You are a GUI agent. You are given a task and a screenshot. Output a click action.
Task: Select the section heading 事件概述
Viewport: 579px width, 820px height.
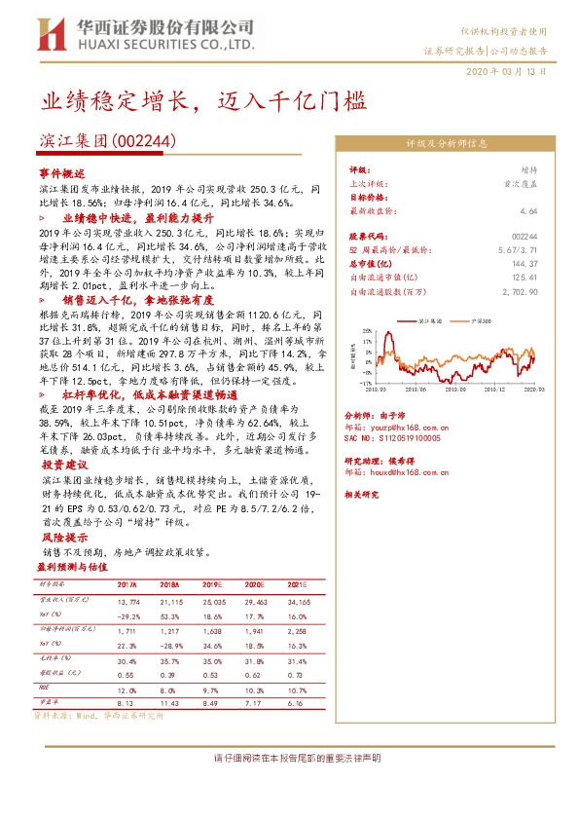(x=61, y=170)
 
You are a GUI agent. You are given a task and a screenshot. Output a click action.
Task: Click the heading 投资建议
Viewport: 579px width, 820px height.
(x=61, y=466)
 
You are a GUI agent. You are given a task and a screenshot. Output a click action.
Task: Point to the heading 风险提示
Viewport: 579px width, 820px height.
(x=61, y=537)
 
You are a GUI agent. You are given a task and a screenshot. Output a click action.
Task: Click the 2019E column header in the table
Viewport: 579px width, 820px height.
(x=213, y=584)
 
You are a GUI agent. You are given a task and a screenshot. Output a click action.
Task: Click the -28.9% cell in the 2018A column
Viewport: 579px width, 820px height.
(x=171, y=645)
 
